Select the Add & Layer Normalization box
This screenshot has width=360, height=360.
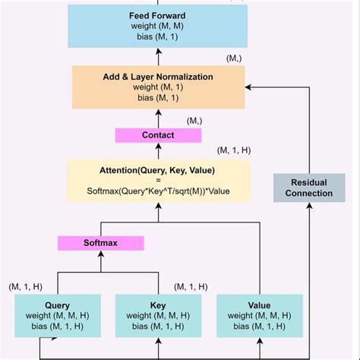pos(158,87)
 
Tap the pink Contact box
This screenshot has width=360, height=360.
pos(158,135)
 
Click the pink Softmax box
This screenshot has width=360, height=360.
pos(101,244)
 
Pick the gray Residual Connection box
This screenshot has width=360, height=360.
pos(304,188)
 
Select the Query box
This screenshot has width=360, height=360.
pos(58,316)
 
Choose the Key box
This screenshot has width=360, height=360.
pos(158,316)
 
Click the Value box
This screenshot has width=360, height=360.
pos(259,316)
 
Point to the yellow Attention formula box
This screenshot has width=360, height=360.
pos(158,180)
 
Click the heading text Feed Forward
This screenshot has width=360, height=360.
pos(158,14)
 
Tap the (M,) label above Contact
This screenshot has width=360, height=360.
pos(194,121)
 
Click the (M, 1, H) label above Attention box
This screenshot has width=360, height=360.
pos(233,150)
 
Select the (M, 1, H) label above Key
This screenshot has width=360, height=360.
pos(191,286)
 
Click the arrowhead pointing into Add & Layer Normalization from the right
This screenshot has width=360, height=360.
pos(249,87)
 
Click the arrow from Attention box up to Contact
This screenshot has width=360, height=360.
pos(158,151)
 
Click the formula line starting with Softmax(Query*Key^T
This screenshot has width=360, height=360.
pos(158,191)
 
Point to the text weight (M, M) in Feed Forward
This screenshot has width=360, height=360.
pos(158,25)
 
